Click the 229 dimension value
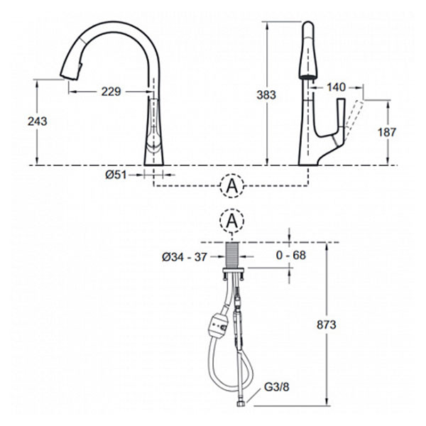111,92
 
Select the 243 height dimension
38,121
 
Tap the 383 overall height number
266,95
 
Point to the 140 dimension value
336,87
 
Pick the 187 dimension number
387,132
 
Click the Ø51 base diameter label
116,175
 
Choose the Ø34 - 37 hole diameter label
185,257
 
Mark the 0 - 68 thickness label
290,255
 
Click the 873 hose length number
327,324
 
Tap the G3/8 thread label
277,387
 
